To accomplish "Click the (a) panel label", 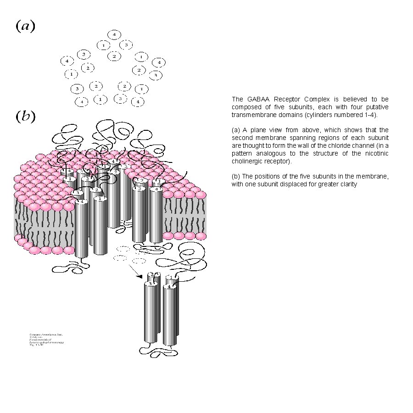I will point(25,26).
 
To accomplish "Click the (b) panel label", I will point(26,116).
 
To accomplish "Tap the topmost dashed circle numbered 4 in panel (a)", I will point(114,34).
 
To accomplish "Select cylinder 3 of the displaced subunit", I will point(150,312).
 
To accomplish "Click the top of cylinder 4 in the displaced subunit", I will point(169,287).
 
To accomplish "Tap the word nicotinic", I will point(375,154).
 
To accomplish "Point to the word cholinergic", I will point(248,162).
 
